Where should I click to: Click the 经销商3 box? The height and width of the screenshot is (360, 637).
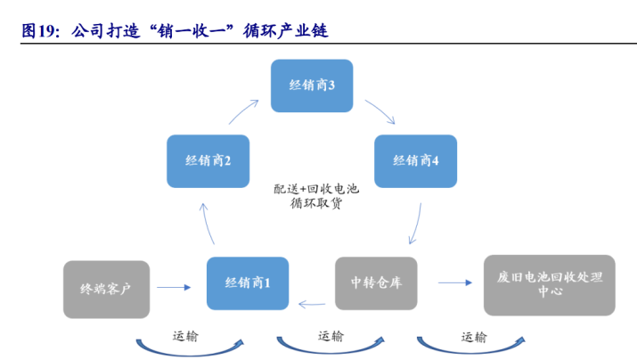point(312,86)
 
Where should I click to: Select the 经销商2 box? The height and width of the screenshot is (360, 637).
point(208,161)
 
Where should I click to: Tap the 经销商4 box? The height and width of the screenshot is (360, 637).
point(415,161)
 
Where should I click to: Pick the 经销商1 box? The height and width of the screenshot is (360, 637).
point(248,283)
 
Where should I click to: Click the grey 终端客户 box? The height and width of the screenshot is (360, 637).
point(106,290)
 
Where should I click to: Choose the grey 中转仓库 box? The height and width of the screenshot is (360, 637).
point(376,283)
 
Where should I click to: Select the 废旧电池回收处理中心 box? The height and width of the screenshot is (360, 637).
point(550,285)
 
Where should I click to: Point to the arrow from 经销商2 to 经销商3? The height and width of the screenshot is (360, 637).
point(242,110)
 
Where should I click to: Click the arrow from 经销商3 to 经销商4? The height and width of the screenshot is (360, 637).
point(381,110)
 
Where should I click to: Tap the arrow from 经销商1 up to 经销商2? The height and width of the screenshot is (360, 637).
point(207,224)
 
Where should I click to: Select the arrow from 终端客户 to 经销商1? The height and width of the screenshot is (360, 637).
point(174,287)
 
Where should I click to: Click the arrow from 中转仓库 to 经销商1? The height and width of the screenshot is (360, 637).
point(312,304)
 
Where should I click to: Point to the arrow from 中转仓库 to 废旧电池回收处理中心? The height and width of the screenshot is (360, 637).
point(455,282)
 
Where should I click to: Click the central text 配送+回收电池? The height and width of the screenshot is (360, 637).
point(316,189)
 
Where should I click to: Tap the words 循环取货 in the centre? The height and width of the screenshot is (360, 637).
point(316,203)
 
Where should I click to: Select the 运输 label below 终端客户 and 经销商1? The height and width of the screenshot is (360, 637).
point(185,337)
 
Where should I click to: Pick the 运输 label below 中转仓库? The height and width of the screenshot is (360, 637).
point(331,337)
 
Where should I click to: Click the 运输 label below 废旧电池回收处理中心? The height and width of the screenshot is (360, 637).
point(474,337)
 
